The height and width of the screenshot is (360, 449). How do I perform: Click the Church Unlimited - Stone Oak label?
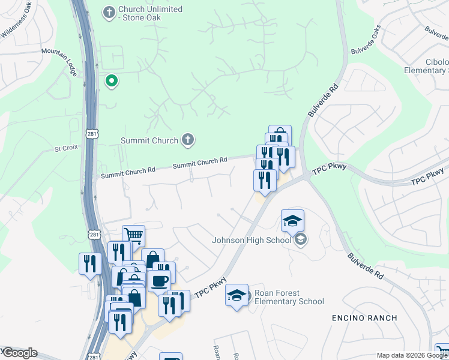150,13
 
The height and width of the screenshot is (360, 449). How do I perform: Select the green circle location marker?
111,80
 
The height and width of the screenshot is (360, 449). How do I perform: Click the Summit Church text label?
149,140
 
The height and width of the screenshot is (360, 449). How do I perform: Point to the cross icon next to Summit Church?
188,140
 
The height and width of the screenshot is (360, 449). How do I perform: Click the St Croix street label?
66,148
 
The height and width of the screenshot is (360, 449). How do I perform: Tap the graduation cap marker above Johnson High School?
292,220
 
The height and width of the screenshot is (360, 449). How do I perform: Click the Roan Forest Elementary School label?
289,297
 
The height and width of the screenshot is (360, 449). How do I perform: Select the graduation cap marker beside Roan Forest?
237,295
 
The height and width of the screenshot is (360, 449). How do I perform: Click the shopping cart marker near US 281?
133,235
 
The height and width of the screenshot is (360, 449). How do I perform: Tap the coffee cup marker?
159,280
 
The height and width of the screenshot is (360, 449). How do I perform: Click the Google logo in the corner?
19,353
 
